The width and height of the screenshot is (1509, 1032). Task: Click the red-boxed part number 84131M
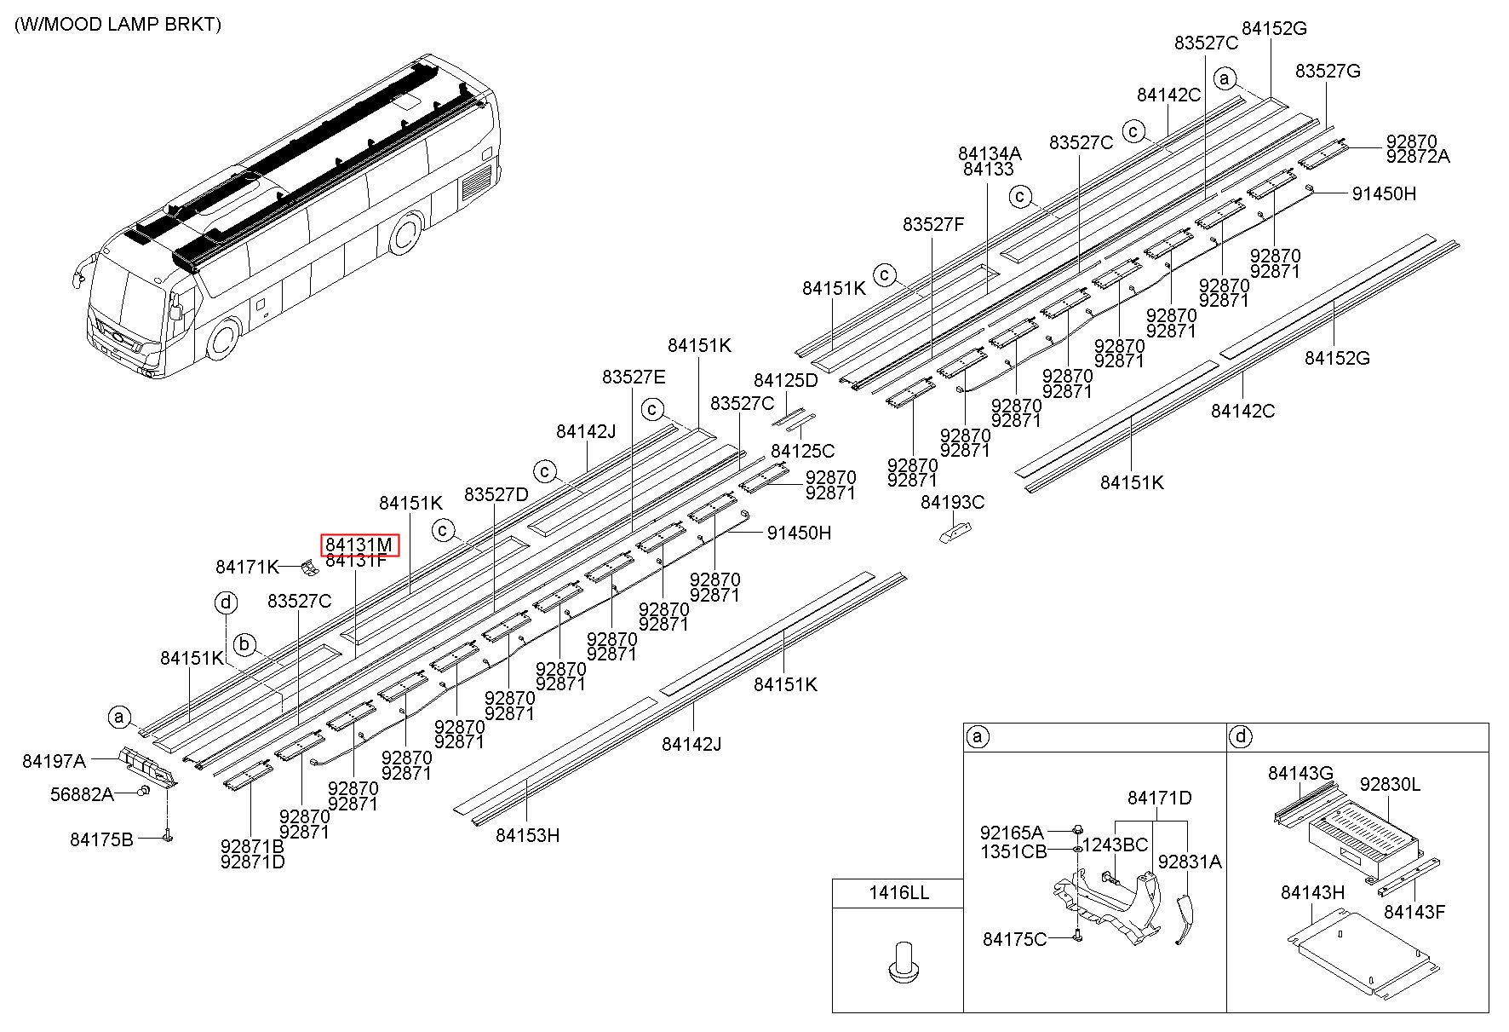coord(359,545)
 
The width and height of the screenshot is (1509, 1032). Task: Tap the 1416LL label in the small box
coord(898,893)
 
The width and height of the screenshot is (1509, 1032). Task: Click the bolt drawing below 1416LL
coord(898,959)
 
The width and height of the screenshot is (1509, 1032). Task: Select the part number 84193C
coord(952,502)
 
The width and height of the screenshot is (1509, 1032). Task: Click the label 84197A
coord(54,761)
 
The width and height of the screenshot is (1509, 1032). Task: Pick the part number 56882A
coord(82,794)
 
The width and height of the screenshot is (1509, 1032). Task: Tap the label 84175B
coord(101,840)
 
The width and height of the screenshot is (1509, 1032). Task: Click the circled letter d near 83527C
coord(226,603)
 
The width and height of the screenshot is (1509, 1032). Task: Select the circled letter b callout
coord(245,644)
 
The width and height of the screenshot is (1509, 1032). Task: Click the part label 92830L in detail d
coord(1390,784)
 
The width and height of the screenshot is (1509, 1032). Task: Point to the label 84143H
coord(1312,892)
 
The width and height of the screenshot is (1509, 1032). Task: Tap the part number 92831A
coord(1190,862)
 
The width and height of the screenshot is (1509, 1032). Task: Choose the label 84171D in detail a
coord(1160,798)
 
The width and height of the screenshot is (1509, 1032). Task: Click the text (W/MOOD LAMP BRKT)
coord(118,24)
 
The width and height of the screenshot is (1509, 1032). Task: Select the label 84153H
coord(528,835)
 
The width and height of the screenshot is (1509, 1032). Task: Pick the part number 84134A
coord(990,153)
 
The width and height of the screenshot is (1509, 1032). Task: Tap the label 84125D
coord(785,380)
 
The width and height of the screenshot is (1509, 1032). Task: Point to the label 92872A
coord(1418,156)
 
